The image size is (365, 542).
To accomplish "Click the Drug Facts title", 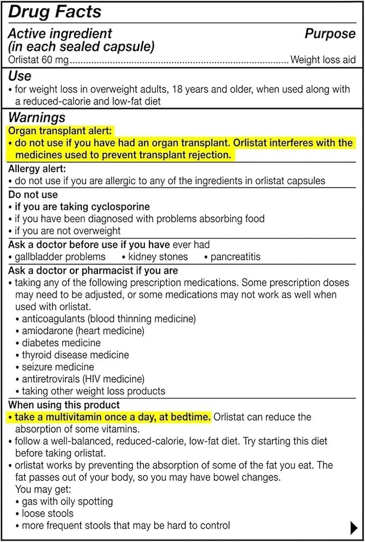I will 55,12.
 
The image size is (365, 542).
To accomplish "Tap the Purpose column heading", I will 330,34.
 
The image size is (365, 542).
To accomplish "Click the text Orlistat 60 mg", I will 38,60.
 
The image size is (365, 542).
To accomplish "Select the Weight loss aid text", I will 323,60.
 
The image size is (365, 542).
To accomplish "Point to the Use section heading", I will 19,76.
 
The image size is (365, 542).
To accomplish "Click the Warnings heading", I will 37,117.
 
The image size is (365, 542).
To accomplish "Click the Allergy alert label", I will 37,169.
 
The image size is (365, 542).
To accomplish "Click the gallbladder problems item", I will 60,256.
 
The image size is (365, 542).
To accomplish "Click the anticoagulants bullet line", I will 108,319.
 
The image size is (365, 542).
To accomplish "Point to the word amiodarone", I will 47,331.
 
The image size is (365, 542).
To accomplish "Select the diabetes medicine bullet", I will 61,343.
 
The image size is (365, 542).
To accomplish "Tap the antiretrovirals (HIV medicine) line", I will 83,379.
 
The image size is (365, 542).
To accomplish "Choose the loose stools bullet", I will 47,513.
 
